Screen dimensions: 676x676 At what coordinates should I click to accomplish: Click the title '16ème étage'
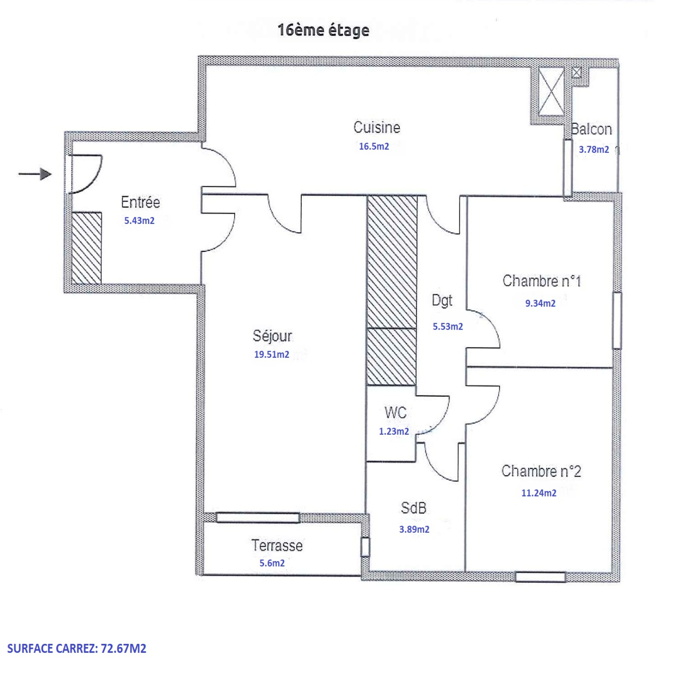[323, 30]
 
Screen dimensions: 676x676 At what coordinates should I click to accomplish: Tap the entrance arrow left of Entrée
[35, 174]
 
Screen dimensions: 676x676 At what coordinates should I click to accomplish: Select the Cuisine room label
[376, 127]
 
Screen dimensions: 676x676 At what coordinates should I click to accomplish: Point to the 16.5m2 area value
[374, 146]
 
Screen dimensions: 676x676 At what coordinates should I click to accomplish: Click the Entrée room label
[140, 202]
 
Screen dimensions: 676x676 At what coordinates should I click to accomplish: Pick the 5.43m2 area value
[139, 221]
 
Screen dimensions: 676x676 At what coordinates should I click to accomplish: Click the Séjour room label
[272, 336]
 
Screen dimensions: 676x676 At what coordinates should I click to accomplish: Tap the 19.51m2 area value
[272, 354]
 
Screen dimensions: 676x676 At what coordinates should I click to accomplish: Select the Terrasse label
[277, 545]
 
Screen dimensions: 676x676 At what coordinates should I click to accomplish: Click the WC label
[395, 412]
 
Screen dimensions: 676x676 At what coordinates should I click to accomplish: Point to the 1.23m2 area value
[394, 431]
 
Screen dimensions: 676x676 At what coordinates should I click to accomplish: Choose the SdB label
[413, 508]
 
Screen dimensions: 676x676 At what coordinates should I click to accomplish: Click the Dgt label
[442, 301]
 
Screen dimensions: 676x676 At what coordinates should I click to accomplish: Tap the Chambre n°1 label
[542, 281]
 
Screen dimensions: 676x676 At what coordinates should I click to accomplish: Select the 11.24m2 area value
[539, 493]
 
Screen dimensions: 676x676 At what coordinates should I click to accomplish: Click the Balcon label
[591, 129]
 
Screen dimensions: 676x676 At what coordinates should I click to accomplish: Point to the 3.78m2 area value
[594, 150]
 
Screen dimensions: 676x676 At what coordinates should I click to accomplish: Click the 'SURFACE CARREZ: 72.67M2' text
[76, 649]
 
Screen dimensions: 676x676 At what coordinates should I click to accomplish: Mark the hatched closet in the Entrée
[87, 248]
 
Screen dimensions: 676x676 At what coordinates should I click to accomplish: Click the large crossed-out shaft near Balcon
[551, 91]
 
